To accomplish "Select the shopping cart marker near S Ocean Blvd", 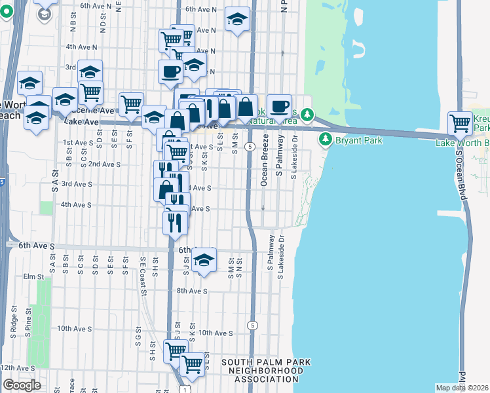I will (460, 122).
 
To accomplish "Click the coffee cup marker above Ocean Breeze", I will (279, 105).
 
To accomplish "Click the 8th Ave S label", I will (192, 291).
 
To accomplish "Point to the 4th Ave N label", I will (81, 47).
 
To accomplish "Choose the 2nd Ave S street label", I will (104, 164).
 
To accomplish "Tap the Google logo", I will (21, 384).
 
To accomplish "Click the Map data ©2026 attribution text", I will (462, 388).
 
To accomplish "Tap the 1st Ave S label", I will (77, 142).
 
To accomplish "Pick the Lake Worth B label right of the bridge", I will (462, 143).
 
